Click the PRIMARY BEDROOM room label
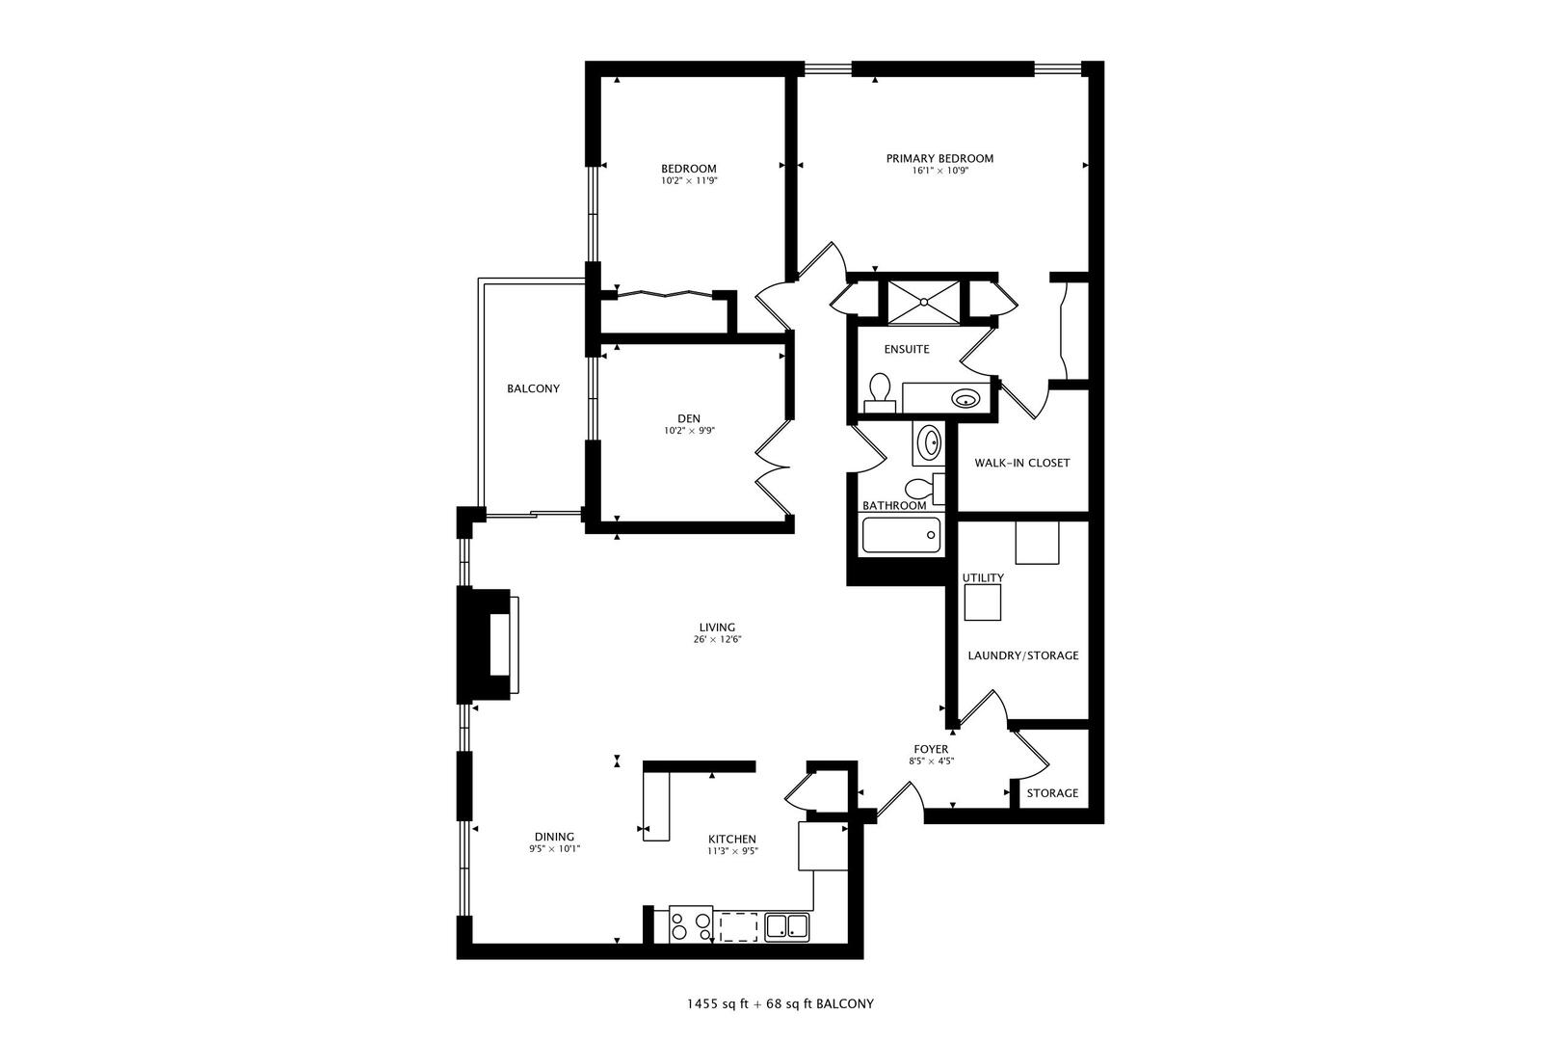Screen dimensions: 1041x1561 point(939,158)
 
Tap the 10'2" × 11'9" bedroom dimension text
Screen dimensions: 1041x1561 point(688,180)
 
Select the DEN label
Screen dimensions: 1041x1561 point(688,418)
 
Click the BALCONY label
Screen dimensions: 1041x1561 point(533,388)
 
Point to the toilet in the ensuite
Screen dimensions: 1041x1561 point(879,392)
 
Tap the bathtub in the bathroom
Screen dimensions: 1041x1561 point(901,535)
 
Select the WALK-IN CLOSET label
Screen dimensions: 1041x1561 point(1021,463)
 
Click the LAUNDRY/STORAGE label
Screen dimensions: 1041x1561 point(1022,655)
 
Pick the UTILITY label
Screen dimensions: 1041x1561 point(983,578)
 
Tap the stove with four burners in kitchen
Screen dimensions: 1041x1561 point(691,926)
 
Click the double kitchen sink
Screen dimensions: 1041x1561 point(787,927)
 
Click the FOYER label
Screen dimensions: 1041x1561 point(931,749)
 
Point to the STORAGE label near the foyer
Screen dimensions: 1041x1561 point(1052,793)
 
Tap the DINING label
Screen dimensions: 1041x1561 point(554,837)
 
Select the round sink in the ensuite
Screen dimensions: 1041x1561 point(964,398)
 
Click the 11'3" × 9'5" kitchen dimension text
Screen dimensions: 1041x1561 point(732,851)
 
